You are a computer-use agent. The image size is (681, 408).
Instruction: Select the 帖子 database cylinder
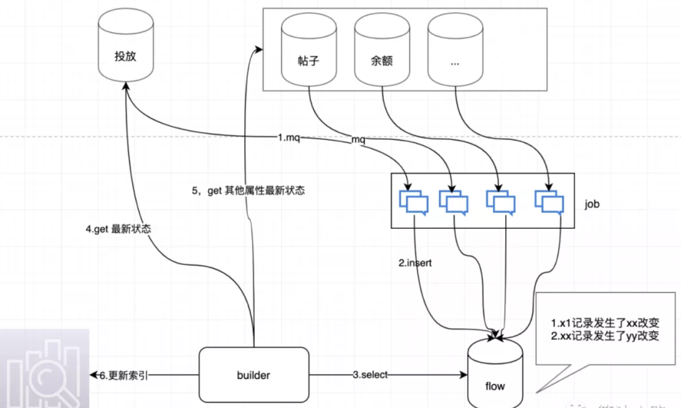[309, 54]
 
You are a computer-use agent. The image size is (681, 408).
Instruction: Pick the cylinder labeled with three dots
[455, 54]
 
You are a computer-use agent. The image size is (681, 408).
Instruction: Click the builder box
[253, 375]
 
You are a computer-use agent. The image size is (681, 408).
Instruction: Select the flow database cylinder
[495, 376]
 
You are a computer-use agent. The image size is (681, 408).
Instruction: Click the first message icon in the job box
[414, 202]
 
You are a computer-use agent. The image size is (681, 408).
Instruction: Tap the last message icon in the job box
[550, 202]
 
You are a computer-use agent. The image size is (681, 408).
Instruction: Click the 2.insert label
[415, 263]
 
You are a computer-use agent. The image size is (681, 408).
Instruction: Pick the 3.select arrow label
[370, 375]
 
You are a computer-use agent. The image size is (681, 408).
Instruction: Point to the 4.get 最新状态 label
[119, 230]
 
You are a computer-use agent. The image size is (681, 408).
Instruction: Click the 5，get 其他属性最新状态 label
[248, 190]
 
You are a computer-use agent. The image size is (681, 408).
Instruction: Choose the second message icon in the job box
[454, 202]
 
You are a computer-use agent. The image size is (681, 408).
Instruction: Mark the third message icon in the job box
[501, 202]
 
